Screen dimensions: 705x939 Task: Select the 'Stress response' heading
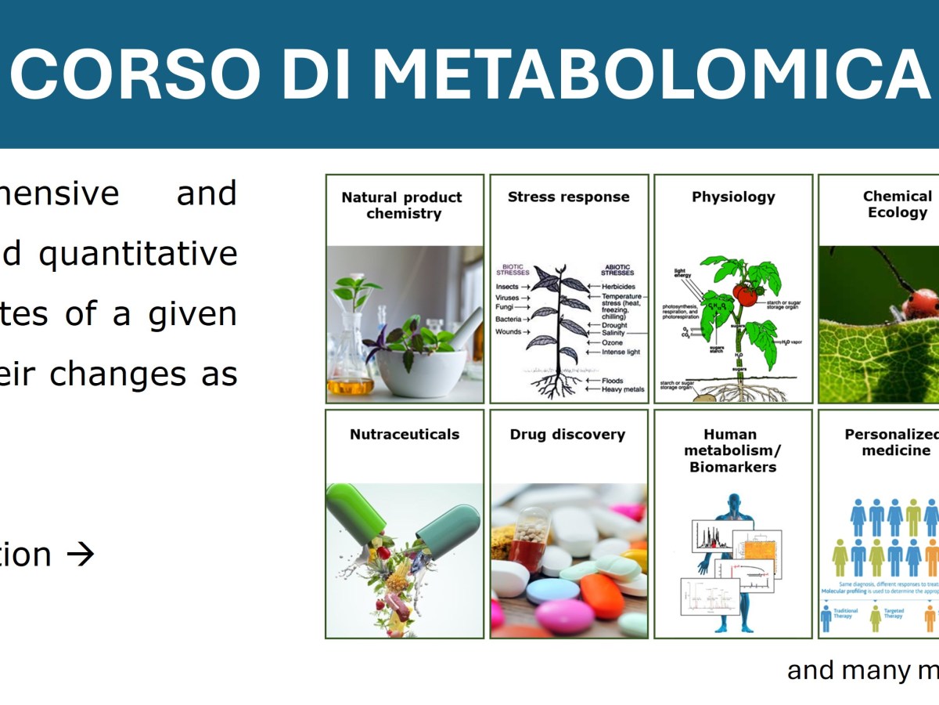point(568,197)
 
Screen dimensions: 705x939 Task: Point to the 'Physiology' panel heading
point(733,197)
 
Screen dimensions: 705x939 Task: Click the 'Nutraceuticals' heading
point(405,434)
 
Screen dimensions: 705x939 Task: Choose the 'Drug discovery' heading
point(567,434)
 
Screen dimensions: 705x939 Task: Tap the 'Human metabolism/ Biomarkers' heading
point(732,450)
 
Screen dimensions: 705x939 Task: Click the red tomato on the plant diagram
point(745,295)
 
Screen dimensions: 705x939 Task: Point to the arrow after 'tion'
point(80,555)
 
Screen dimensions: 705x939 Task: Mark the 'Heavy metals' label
point(623,389)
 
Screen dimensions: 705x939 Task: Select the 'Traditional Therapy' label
point(844,613)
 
